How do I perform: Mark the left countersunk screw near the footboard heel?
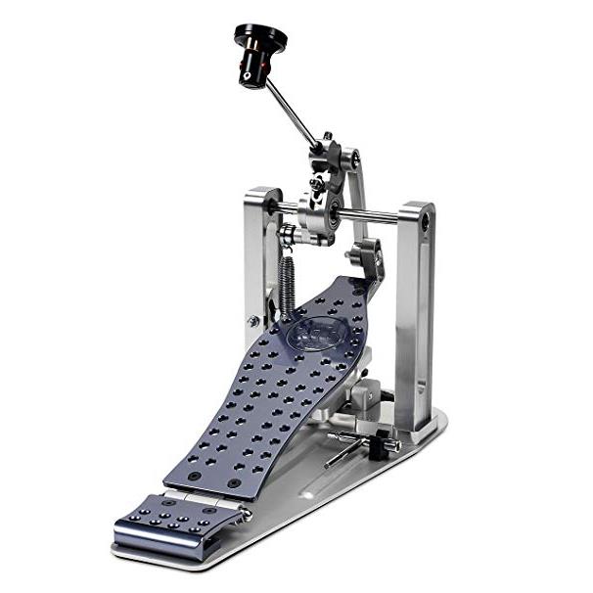coord(194,477)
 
